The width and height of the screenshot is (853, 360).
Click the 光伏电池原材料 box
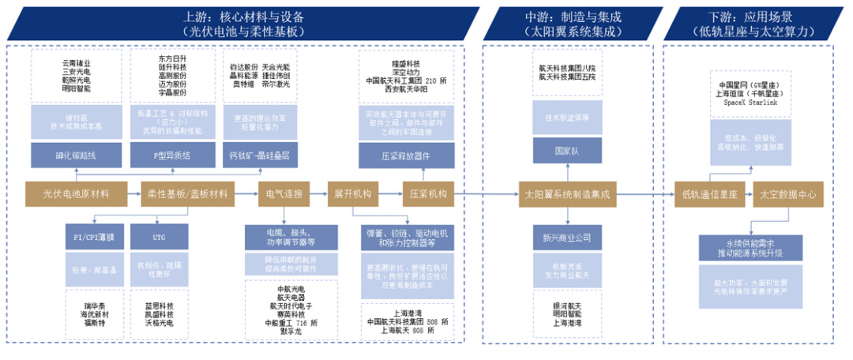click(77, 193)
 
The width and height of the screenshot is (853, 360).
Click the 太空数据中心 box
click(787, 193)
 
